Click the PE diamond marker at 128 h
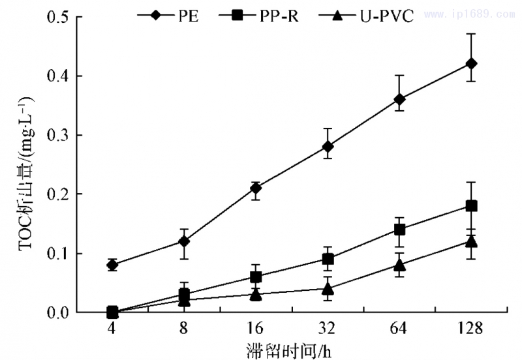pyautogui.click(x=471, y=63)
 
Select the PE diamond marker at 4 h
pyautogui.click(x=112, y=265)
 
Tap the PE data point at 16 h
pyautogui.click(x=256, y=188)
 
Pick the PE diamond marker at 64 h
pyautogui.click(x=399, y=99)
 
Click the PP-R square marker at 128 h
pyautogui.click(x=471, y=205)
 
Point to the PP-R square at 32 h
pyautogui.click(x=328, y=259)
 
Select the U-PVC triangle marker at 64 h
pyautogui.click(x=399, y=265)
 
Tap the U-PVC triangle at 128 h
pyautogui.click(x=471, y=241)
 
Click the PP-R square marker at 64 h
pyautogui.click(x=399, y=230)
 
